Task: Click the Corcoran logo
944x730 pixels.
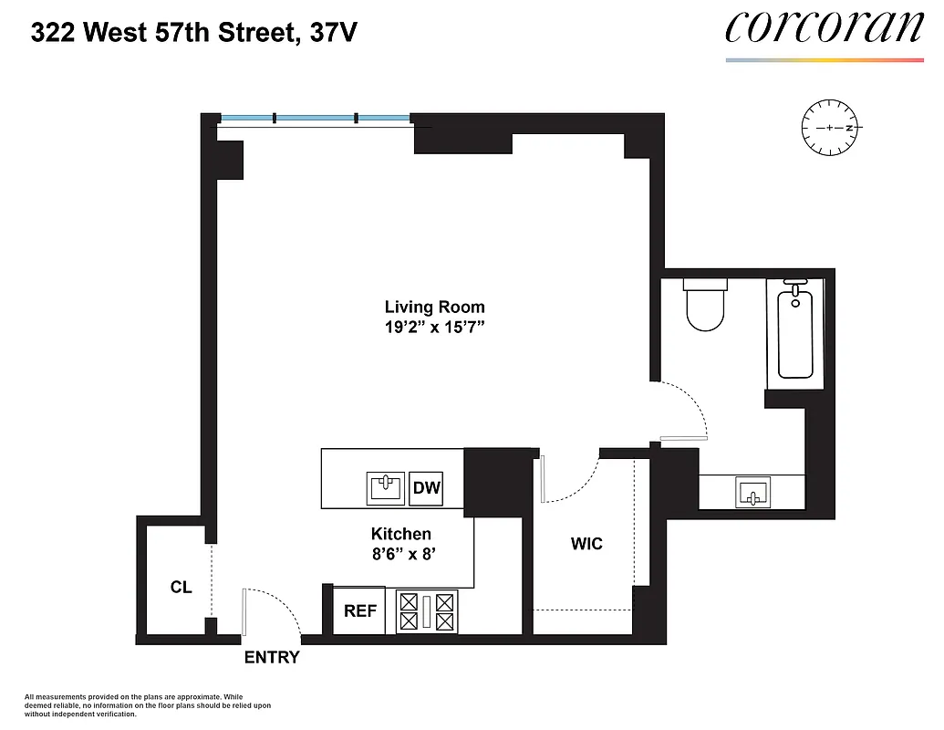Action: [x=825, y=28]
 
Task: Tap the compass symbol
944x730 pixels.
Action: [x=831, y=128]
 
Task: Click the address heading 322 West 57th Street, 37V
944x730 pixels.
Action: [x=193, y=34]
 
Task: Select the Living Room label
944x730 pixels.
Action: [x=434, y=308]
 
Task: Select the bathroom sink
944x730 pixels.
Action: [x=752, y=492]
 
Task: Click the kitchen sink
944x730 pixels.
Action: [x=386, y=487]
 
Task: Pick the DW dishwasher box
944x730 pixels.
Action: [x=427, y=487]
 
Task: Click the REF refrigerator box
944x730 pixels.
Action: [x=359, y=610]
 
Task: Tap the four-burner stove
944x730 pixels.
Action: [x=425, y=610]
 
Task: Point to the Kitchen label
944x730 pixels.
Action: [x=400, y=534]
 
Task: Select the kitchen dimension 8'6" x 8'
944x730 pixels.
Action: [x=400, y=553]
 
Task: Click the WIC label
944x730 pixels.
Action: [x=586, y=544]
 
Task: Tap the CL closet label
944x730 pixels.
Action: [x=181, y=587]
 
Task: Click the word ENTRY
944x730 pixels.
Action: [x=271, y=657]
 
